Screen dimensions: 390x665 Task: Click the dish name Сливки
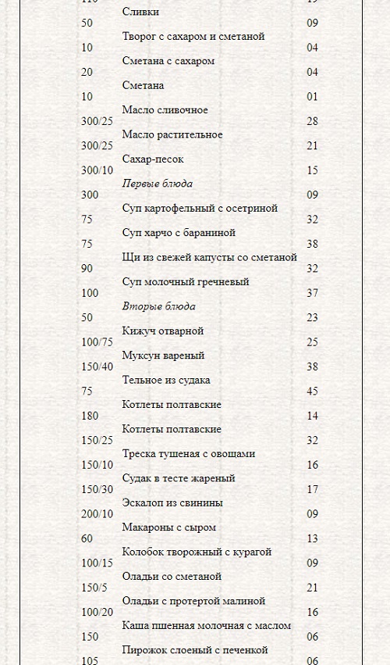coord(141,12)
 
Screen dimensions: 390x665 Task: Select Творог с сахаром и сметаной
coord(193,36)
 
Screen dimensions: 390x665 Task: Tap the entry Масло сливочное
coord(165,110)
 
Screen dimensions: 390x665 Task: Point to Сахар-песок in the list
coord(154,159)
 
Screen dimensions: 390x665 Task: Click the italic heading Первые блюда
coord(158,184)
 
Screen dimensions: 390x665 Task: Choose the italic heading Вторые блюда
coord(159,306)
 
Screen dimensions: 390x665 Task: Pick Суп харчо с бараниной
coord(179,233)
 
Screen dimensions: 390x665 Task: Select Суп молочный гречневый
coord(186,281)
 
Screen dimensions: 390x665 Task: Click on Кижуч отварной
coord(163,331)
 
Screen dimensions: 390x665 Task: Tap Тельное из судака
coord(166,380)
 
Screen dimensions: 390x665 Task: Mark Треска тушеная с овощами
coord(189,453)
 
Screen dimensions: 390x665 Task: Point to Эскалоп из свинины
coord(172,502)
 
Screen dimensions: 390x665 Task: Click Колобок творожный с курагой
coord(197,552)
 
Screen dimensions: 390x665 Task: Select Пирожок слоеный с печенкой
coord(195,649)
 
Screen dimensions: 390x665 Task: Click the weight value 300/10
coord(97,170)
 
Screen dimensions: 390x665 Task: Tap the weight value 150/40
coord(97,366)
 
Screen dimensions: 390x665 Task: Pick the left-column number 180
coord(90,416)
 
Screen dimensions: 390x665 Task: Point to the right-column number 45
coord(312,391)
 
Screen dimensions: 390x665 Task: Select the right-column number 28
coord(312,121)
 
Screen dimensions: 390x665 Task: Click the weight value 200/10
coord(97,513)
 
